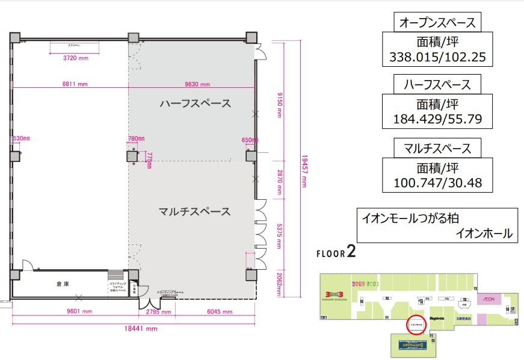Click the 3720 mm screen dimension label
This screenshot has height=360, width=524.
[x=75, y=58]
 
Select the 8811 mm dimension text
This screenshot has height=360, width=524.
[x=75, y=84]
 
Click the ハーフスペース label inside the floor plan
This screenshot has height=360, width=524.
[x=195, y=104]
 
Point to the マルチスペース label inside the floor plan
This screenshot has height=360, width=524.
[x=194, y=211]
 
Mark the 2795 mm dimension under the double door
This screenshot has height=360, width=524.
[x=159, y=312]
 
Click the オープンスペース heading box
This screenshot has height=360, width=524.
[x=437, y=23]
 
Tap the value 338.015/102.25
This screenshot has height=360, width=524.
[x=437, y=58]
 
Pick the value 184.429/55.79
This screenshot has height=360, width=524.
[x=437, y=119]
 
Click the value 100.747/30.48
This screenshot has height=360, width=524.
[x=437, y=182]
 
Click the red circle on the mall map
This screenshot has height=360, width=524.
[x=416, y=324]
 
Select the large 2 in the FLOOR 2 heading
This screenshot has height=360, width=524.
[x=351, y=252]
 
